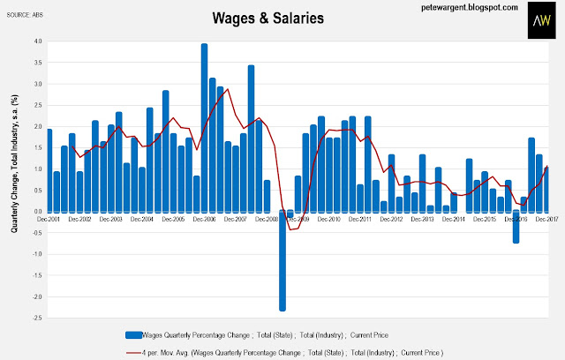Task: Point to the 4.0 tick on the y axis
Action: pyautogui.click(x=36, y=41)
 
